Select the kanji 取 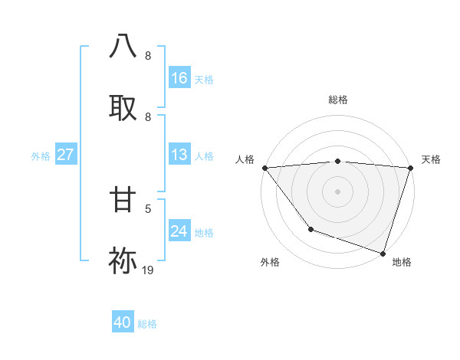pyautogui.click(x=123, y=107)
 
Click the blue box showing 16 pyautogui.click(x=179, y=78)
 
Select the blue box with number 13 pyautogui.click(x=179, y=155)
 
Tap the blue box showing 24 pyautogui.click(x=179, y=231)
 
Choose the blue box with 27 pyautogui.click(x=65, y=155)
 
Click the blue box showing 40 pyautogui.click(x=123, y=322)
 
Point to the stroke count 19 pyautogui.click(x=148, y=270)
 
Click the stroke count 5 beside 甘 pyautogui.click(x=148, y=208)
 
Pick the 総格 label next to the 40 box pyautogui.click(x=147, y=324)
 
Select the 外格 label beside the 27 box pyautogui.click(x=41, y=156)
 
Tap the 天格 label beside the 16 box pyautogui.click(x=204, y=80)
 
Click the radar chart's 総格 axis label pyautogui.click(x=338, y=100)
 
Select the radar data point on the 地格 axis pyautogui.click(x=383, y=253)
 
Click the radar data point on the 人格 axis pyautogui.click(x=264, y=168)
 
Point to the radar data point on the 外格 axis pyautogui.click(x=310, y=229)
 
